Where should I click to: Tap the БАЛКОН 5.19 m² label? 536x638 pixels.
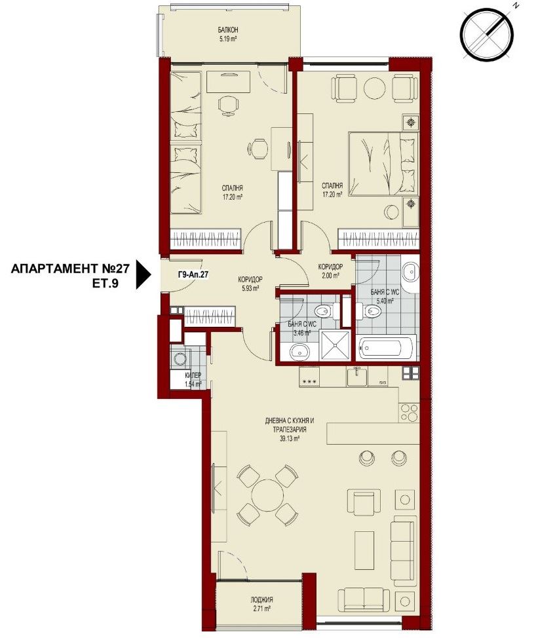(x=228, y=35)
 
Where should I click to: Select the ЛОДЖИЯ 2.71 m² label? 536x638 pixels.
(x=261, y=604)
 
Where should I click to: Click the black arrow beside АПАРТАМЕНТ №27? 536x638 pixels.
(x=144, y=274)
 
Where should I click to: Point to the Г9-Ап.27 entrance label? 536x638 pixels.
(x=193, y=274)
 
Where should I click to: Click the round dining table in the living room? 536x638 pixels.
(x=267, y=495)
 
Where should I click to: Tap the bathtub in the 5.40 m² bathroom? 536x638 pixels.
(x=387, y=347)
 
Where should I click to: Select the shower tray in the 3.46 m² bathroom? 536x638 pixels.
(x=335, y=345)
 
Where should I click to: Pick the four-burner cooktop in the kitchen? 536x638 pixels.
(x=408, y=413)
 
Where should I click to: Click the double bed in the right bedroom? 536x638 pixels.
(x=383, y=164)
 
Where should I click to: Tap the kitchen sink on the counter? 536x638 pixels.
(x=357, y=377)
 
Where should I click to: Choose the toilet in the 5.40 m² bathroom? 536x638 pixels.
(x=370, y=312)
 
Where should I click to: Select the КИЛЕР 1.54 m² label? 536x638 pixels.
(x=193, y=380)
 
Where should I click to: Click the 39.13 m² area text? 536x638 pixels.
(x=291, y=439)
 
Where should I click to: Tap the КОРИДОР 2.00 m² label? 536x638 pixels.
(x=330, y=271)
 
